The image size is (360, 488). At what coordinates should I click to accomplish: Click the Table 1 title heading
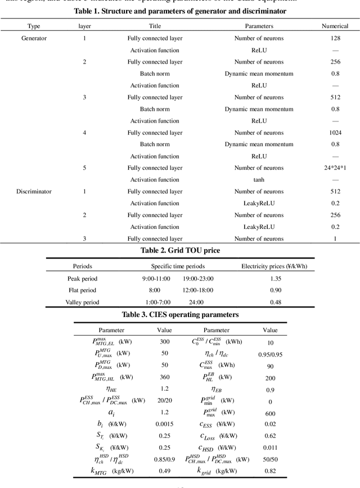tap(180, 11)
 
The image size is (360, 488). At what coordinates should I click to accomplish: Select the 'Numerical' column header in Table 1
tap(335, 26)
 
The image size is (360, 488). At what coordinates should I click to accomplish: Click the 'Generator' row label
tap(34, 38)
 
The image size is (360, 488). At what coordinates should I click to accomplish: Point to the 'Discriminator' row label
tap(34, 191)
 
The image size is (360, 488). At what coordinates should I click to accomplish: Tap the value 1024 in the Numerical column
tap(335, 133)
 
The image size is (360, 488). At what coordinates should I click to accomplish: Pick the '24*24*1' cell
tap(335, 168)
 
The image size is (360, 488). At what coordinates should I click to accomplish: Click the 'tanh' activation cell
tap(259, 180)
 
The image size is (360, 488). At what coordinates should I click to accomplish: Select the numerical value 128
tap(335, 38)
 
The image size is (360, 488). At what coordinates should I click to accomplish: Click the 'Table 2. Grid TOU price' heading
tap(180, 250)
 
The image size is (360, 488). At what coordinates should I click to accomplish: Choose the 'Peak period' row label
tap(82, 278)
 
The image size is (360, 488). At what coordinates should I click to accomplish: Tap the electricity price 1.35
tap(275, 278)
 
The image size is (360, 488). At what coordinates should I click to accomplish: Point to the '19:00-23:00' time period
tap(198, 278)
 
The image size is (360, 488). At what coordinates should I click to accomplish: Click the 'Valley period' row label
tap(82, 302)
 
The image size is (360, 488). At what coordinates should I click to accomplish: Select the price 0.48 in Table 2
tap(275, 302)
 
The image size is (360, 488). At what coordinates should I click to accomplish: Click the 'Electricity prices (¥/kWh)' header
tap(274, 266)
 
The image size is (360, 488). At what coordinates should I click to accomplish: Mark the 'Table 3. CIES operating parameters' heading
tap(180, 315)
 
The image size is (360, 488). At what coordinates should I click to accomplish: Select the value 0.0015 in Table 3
tap(164, 427)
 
